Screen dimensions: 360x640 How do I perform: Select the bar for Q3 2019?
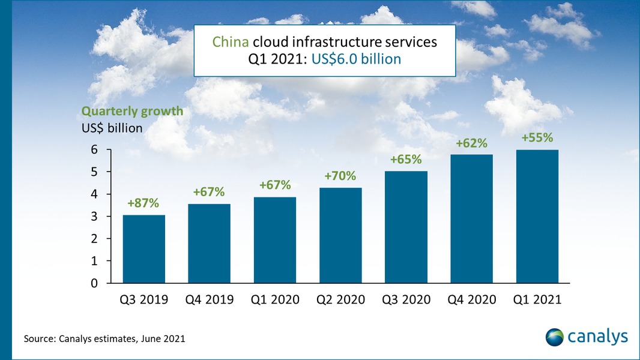[143, 249]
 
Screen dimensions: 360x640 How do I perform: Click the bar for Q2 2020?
[340, 235]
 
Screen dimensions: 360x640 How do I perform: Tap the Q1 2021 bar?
[537, 217]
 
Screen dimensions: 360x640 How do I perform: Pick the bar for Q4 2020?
[471, 219]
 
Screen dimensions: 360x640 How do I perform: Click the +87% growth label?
[143, 203]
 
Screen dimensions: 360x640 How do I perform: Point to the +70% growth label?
[340, 176]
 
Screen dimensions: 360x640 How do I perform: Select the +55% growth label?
[537, 138]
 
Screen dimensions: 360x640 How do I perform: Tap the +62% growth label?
[471, 143]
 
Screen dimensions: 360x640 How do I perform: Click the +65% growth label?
[406, 160]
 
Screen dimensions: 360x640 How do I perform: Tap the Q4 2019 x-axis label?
[209, 299]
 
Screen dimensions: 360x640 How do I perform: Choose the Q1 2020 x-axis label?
[274, 299]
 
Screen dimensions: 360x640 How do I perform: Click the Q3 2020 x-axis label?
[406, 299]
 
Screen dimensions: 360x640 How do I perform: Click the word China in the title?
[231, 43]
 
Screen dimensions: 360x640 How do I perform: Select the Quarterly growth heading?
[132, 112]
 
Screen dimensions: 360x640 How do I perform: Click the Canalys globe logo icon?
[555, 337]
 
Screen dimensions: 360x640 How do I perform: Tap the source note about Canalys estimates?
[104, 339]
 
